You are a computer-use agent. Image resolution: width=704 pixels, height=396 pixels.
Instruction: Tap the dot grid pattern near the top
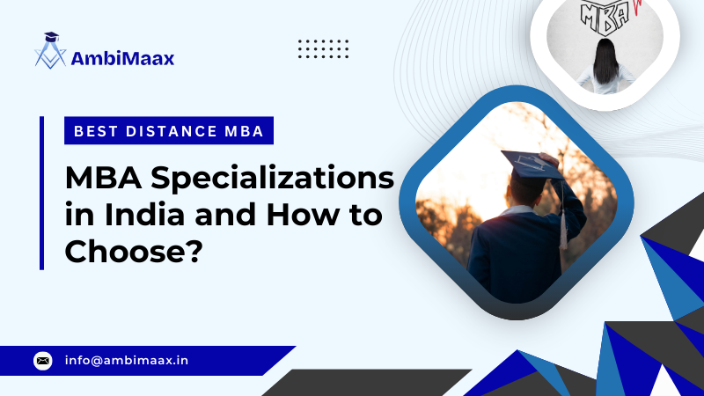click(323, 49)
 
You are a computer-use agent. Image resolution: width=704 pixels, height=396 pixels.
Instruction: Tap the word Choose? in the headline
click(134, 253)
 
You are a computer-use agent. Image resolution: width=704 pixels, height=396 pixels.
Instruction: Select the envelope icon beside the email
click(43, 361)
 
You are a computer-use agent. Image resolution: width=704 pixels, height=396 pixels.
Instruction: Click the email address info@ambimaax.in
click(127, 361)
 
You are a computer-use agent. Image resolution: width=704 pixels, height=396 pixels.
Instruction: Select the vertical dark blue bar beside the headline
click(41, 192)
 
